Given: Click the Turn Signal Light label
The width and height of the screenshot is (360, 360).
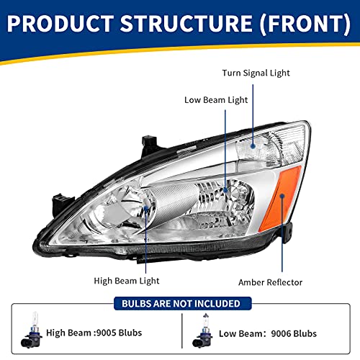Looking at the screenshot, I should point(256,73).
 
